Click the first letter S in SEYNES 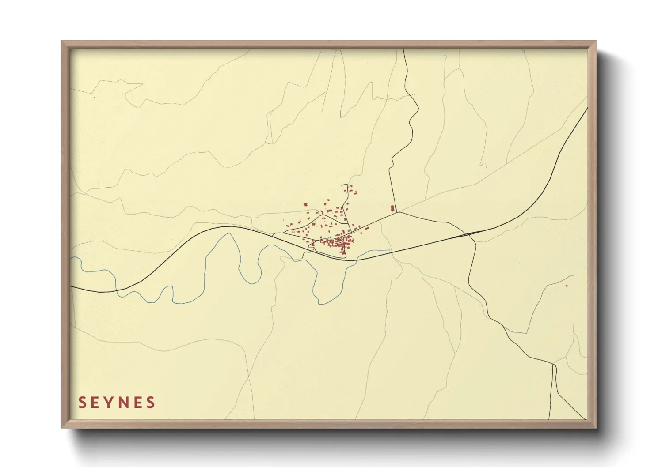pyautogui.click(x=82, y=403)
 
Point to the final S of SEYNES pyautogui.click(x=151, y=403)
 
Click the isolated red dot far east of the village pyautogui.click(x=567, y=286)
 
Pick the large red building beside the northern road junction pyautogui.click(x=392, y=208)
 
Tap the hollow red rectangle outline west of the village pyautogui.click(x=293, y=231)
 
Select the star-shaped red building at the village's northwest pyautogui.click(x=305, y=205)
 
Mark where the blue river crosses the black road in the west pyautogui.click(x=117, y=290)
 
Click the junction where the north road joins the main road pyautogui.click(x=397, y=212)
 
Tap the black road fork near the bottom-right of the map pyautogui.click(x=553, y=364)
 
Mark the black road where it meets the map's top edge pyautogui.click(x=403, y=49)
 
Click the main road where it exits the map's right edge pyautogui.click(x=587, y=109)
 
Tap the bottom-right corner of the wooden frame pyautogui.click(x=596, y=427)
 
